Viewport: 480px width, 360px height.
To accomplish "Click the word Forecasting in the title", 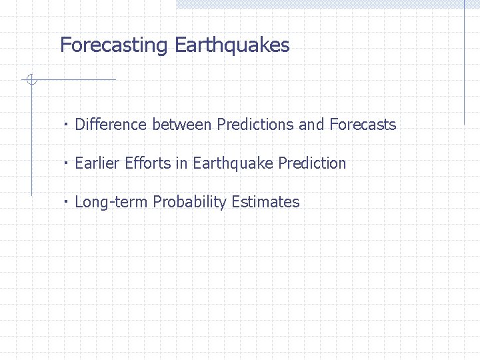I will pos(113,45).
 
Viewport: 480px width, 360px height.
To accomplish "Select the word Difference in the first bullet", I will pos(111,125).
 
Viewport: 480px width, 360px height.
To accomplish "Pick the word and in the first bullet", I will pos(311,125).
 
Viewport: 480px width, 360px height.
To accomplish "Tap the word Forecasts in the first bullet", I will pos(363,125).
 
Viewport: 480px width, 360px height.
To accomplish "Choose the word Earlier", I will pos(97,163).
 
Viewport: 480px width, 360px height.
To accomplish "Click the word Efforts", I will pos(148,163).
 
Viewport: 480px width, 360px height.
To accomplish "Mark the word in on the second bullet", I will pos(181,163).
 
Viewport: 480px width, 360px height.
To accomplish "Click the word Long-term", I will pos(111,202).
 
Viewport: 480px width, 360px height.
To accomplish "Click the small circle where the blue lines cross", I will pos(31,80).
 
